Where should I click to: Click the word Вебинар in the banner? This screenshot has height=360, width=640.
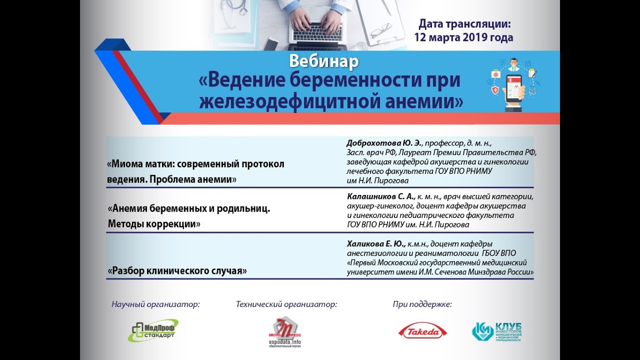(x=324, y=61)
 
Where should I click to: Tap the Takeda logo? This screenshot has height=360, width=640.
(x=422, y=331)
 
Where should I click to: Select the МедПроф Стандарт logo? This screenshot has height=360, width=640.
(x=153, y=330)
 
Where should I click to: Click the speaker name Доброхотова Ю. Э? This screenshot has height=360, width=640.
(x=384, y=143)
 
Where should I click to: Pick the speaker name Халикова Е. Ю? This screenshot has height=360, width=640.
(x=376, y=244)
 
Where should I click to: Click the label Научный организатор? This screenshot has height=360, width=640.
(x=155, y=303)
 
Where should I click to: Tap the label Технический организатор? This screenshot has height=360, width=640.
(x=286, y=303)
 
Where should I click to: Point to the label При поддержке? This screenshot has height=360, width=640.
(x=422, y=303)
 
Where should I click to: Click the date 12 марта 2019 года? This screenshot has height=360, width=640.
(x=463, y=37)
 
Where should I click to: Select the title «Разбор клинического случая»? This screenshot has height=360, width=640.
(x=178, y=271)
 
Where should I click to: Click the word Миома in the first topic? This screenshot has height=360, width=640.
(x=126, y=164)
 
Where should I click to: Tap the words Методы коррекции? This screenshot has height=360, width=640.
(x=154, y=224)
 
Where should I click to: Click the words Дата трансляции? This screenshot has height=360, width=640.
(x=463, y=23)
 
